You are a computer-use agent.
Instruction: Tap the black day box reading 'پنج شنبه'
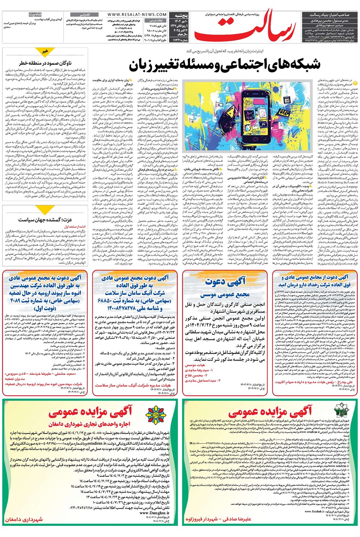(x=181, y=16)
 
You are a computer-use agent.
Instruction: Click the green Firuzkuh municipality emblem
(x=341, y=411)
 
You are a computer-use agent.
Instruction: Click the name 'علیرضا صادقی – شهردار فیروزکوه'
(x=218, y=519)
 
